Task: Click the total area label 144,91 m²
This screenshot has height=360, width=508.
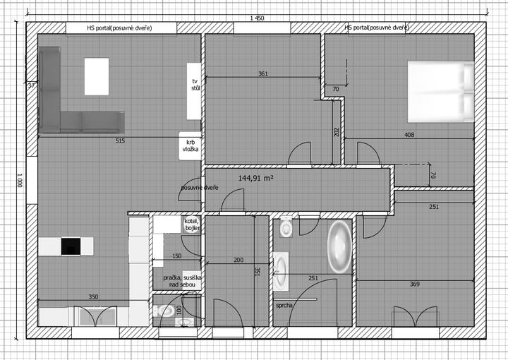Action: [256, 178]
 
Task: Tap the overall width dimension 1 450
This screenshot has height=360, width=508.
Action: [257, 18]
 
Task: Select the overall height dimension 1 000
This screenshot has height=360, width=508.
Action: [20, 180]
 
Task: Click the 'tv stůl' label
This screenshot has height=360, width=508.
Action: [195, 85]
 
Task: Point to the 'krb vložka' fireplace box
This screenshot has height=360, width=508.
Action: [190, 146]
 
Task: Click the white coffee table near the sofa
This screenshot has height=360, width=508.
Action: [97, 76]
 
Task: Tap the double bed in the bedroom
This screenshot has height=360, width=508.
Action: [440, 92]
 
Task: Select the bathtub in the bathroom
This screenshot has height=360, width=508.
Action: [339, 247]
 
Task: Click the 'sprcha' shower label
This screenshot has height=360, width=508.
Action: [284, 305]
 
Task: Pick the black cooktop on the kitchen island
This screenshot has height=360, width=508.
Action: [71, 246]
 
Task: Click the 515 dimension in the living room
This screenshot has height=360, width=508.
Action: [120, 141]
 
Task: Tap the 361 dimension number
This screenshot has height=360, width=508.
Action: [263, 73]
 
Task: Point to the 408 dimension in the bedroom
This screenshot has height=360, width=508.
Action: [409, 135]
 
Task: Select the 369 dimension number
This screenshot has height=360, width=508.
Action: [415, 284]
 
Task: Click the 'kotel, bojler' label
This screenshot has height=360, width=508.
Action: [192, 224]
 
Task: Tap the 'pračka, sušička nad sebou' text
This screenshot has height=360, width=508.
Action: [182, 281]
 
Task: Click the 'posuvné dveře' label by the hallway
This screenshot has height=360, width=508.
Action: [200, 188]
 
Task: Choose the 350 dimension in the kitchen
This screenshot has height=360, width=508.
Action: [93, 296]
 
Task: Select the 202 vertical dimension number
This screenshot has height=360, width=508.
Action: [337, 132]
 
